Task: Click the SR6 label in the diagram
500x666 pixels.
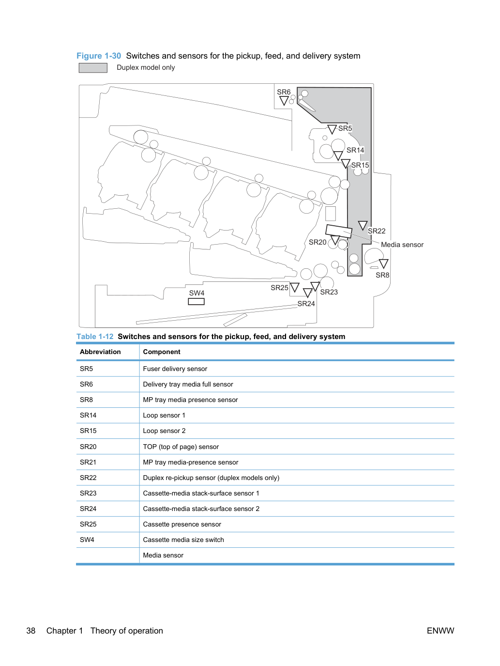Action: coord(284,92)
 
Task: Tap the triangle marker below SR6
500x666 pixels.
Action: coord(284,101)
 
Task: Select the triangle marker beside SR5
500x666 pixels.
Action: coord(332,129)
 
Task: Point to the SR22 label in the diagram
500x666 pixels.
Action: coord(377,231)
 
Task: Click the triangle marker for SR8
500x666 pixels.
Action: coord(383,263)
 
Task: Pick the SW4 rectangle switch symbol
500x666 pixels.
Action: coord(196,302)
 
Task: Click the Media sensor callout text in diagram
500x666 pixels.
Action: coord(402,245)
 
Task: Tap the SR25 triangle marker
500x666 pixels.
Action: coord(294,287)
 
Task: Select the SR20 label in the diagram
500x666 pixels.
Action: coord(318,242)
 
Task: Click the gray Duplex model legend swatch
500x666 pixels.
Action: coord(93,68)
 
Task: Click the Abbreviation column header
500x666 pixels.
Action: coord(100,352)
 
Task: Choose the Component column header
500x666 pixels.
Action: coord(162,352)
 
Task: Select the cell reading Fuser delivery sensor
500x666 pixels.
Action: coord(175,369)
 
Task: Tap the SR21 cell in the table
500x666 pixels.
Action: coord(88,462)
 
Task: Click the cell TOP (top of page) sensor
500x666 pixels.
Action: coord(181,447)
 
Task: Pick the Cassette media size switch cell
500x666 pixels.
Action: coord(183,540)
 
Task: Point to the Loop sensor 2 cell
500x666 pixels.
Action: coord(164,431)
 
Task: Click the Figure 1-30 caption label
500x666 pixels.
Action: coord(99,56)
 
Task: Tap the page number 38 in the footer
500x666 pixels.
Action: coord(31,631)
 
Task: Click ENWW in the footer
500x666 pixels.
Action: coord(440,631)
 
